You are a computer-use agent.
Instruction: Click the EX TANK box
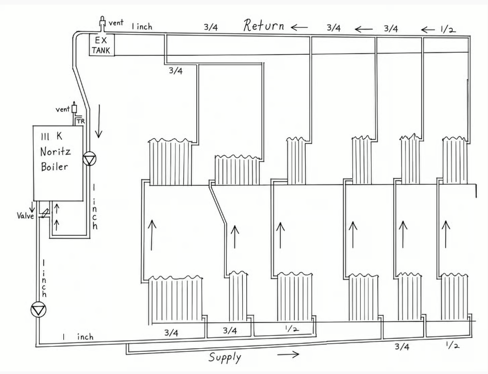102,44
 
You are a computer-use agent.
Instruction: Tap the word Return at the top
264,26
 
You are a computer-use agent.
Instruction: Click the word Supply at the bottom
225,357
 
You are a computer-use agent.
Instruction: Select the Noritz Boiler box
58,163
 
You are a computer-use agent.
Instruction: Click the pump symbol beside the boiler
90,159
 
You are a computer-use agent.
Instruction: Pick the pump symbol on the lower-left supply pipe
39,310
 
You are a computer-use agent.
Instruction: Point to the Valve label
25,216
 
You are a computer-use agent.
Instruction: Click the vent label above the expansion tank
116,23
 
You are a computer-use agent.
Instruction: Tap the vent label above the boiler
62,109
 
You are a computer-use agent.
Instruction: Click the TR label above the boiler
80,121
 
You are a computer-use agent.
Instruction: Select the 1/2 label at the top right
448,29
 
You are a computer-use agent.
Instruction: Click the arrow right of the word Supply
288,354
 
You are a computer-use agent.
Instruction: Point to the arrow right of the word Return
299,27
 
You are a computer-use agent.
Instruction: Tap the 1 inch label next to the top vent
142,26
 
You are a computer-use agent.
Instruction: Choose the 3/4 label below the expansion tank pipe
176,71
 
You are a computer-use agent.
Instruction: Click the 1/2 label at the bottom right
452,345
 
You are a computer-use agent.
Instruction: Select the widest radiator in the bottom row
176,299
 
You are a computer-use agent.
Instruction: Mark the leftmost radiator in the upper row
170,162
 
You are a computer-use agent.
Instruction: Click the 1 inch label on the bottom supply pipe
78,337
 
